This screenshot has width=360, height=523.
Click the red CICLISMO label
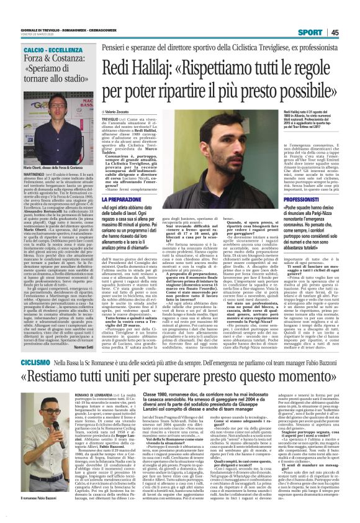coord(31,361)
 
